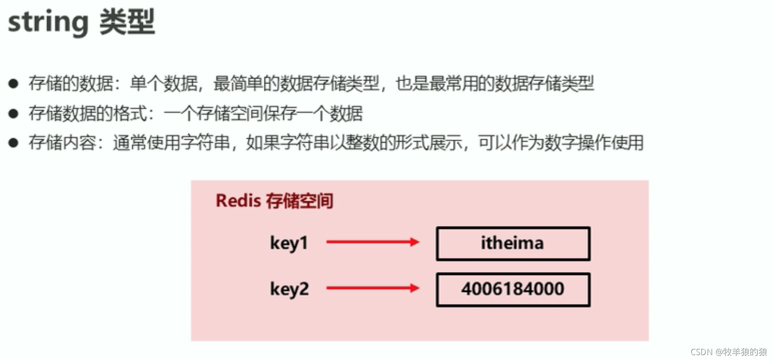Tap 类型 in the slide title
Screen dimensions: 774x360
127,21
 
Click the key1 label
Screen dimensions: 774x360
289,243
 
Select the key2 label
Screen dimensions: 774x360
289,289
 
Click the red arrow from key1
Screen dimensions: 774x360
372,242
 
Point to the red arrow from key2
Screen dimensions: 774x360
372,288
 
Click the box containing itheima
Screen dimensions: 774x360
513,244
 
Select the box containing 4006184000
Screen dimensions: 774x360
513,289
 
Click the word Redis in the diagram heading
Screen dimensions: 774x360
238,201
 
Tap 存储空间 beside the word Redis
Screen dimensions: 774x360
299,201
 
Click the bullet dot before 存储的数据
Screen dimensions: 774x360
13,84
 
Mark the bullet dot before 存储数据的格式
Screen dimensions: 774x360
13,113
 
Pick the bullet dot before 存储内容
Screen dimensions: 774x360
13,143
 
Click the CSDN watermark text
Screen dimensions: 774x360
729,352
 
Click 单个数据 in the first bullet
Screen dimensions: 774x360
164,84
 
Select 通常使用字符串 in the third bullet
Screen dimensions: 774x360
171,143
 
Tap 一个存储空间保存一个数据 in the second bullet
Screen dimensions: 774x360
263,113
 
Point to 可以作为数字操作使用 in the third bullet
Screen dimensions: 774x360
561,143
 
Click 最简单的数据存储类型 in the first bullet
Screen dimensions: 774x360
296,84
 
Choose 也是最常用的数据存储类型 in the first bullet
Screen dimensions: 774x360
495,84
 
